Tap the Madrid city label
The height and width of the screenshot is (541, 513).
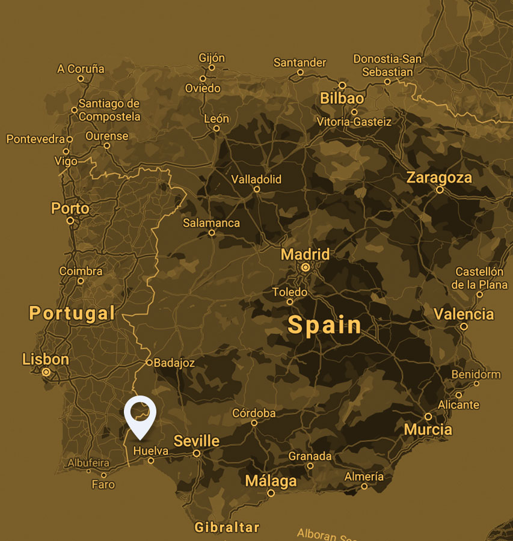tap(305, 254)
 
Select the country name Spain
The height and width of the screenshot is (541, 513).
tap(325, 325)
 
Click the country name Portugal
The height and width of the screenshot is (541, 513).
tap(72, 313)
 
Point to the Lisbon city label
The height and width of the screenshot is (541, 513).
tap(46, 359)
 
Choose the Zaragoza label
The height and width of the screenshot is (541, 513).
tap(439, 178)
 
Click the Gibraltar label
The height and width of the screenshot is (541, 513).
tap(227, 528)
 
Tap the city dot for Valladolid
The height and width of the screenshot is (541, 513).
tap(256, 189)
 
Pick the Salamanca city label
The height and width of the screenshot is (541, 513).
tap(211, 223)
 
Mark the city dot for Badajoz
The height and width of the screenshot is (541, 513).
tap(149, 362)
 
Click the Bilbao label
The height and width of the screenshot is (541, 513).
tap(342, 98)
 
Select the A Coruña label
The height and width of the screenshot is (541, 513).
tap(81, 69)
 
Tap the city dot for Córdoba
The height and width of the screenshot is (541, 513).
tap(254, 423)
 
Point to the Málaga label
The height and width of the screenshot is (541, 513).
tap(271, 481)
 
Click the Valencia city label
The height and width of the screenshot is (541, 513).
tap(464, 314)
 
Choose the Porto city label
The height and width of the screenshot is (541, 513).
tap(70, 209)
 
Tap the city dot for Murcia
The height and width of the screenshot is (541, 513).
tap(428, 417)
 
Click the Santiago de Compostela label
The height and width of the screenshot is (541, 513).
tap(109, 110)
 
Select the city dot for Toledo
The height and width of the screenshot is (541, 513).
tap(290, 302)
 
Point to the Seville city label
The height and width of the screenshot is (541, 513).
tap(197, 441)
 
